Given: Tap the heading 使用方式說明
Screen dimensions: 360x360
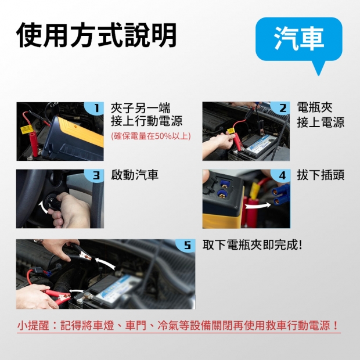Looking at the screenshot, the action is coord(96,35).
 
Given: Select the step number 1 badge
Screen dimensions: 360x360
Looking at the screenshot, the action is coord(95,107).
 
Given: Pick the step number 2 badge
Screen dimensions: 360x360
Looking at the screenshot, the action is coord(280,107).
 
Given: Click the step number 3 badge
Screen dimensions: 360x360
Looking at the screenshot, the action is coord(95,175).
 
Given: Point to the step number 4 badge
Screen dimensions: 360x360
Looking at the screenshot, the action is coord(280,175).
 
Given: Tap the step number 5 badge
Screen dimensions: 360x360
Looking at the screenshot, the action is coord(186,246).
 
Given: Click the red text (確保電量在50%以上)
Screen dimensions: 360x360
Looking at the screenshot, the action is coord(151,136).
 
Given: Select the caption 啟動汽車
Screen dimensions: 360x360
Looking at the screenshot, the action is coord(135,175).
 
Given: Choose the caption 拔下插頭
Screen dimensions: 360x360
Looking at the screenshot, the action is coord(321,175).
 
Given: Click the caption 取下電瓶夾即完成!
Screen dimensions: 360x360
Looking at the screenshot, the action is coord(252,245).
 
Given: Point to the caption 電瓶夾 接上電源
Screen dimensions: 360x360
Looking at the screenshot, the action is coord(321,115).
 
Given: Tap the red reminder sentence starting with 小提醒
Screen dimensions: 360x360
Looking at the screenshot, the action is coord(178,325).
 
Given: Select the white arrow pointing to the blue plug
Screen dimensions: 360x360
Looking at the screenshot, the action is coord(258,205).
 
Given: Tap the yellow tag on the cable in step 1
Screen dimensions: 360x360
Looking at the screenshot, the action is coord(27,129).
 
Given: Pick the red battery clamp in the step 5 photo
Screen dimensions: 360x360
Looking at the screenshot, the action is coord(57,296).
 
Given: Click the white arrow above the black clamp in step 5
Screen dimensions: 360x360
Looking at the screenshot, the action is coord(105,262).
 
